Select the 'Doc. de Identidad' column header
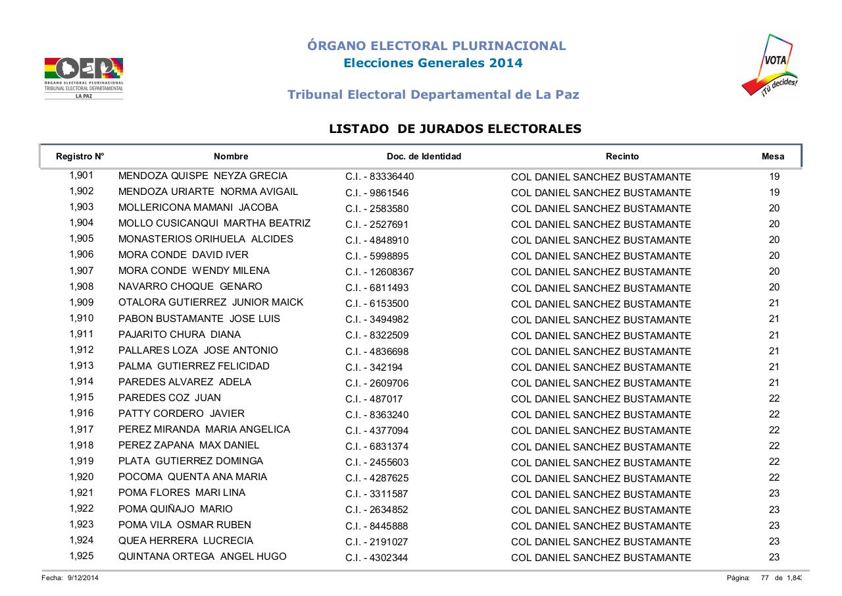pos(424,157)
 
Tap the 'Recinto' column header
pos(622,157)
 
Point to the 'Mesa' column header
pos(773,157)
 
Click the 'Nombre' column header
pos(231,157)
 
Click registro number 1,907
pos(82,271)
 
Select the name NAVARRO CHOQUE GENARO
pos(190,286)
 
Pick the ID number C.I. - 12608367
pos(380,272)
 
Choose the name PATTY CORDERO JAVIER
pos(182,414)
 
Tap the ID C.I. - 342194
pos(374,367)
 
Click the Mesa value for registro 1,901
pos(774,176)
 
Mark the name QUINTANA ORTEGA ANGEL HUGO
pos(203,556)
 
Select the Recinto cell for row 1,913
pos(601,367)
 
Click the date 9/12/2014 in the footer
pos(84,578)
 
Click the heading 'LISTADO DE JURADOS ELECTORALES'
pos(455,129)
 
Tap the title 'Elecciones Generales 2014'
pos(433,63)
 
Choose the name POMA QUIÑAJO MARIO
pos(176,509)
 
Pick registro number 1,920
pos(82,477)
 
